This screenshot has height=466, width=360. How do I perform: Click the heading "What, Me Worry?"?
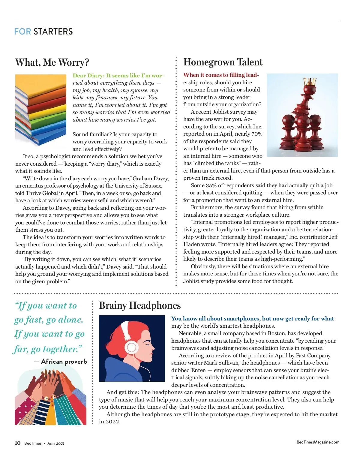pos(52,62)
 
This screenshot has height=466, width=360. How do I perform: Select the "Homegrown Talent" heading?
pos(223,62)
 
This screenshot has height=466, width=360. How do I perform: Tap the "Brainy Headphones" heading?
pos(140,305)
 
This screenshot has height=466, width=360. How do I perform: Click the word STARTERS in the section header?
pos(53,32)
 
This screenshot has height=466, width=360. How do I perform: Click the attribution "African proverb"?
pos(64,361)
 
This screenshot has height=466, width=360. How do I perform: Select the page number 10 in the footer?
pos(18,443)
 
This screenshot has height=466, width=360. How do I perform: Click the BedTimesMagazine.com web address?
pos(318,442)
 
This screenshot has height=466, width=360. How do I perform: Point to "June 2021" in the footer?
pos(55,443)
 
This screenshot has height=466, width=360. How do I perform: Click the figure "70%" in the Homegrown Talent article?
pos(257,134)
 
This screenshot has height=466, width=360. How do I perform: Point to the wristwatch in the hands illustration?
pos(46,398)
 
